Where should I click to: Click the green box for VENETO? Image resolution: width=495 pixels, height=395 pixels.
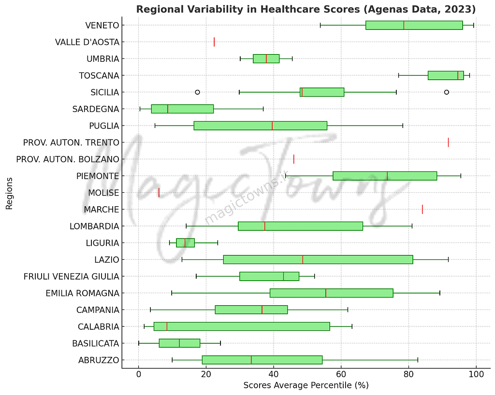tap(414, 25)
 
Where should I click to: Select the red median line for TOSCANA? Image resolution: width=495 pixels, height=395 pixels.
tap(458, 75)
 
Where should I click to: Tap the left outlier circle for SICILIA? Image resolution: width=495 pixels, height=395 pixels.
tap(197, 92)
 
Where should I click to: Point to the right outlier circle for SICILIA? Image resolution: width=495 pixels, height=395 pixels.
tap(446, 92)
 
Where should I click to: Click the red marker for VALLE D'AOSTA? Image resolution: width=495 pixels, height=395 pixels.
tap(214, 42)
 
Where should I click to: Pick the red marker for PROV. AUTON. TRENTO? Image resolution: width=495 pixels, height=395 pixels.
tap(448, 142)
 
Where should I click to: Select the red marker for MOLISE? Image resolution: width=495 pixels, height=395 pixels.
tap(159, 193)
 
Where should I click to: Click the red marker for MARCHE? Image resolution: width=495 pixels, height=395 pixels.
tap(422, 209)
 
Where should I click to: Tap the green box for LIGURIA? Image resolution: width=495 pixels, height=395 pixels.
tap(185, 243)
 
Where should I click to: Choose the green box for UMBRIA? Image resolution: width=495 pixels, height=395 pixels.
tap(266, 58)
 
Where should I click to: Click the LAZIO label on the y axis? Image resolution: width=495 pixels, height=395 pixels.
tap(107, 260)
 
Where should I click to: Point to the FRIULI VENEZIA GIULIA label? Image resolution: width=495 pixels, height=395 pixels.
tap(71, 277)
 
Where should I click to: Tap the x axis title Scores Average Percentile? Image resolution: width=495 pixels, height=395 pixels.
tap(306, 385)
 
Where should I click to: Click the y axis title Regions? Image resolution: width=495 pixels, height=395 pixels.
tap(9, 193)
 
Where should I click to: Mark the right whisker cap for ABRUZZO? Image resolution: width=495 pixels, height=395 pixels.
tap(418, 360)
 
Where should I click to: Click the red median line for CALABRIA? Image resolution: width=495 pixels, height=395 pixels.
tap(167, 326)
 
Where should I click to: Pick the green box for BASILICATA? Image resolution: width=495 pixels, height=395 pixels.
tap(179, 343)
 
